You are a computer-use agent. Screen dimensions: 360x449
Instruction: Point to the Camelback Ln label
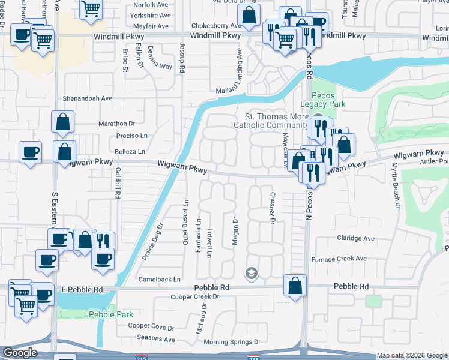click(159, 280)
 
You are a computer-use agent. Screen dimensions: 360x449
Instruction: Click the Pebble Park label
click(103, 314)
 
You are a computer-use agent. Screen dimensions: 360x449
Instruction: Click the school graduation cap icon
click(252, 274)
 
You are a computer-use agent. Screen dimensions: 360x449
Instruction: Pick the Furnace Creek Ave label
click(339, 259)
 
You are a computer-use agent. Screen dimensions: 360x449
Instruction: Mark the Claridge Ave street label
click(355, 238)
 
